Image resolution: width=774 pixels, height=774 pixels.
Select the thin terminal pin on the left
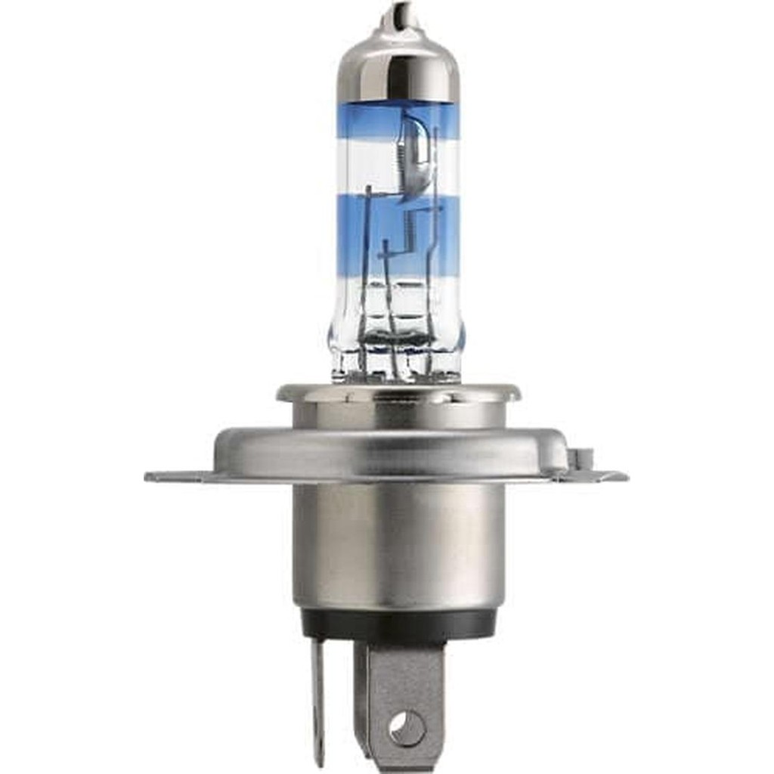point(318,695)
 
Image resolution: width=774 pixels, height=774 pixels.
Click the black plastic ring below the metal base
point(398,624)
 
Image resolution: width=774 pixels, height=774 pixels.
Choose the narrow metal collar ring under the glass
point(398,393)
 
